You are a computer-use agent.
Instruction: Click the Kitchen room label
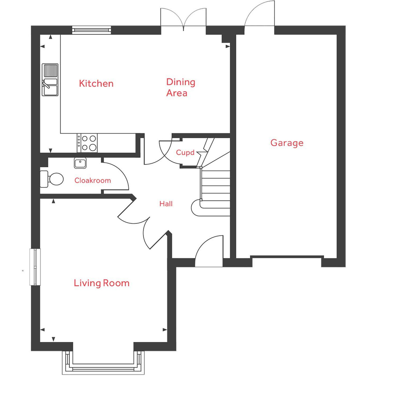(96, 84)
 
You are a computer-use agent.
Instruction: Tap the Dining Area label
(180, 87)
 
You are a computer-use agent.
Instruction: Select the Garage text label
(287, 143)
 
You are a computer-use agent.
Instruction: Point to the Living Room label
(101, 283)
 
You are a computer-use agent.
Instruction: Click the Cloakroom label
(92, 181)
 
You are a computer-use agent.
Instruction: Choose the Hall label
(166, 204)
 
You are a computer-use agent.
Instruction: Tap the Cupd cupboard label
(185, 153)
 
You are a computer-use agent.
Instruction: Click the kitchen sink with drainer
(50, 80)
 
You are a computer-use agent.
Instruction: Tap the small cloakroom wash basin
(80, 163)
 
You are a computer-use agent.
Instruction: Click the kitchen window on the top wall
(91, 30)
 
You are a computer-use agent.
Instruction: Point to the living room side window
(35, 267)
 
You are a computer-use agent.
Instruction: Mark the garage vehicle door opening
(287, 257)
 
